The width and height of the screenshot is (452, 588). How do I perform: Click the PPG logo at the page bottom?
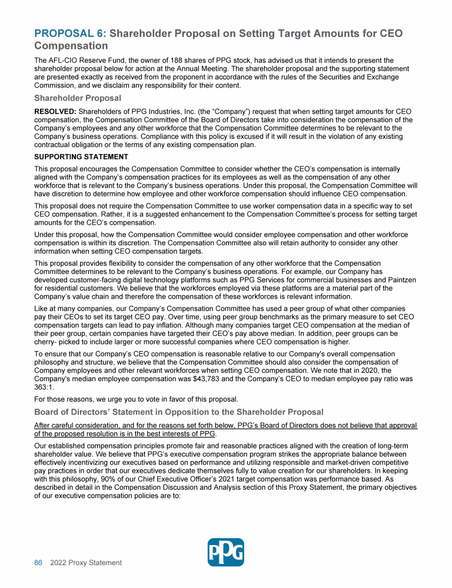(x=226, y=552)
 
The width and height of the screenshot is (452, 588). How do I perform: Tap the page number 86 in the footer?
(x=38, y=563)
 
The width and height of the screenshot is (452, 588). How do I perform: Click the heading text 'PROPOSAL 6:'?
(x=70, y=34)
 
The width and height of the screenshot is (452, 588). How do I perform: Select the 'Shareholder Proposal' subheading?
(x=78, y=98)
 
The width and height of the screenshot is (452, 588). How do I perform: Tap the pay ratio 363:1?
(x=45, y=387)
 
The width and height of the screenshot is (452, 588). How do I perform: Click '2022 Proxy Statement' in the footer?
(x=86, y=563)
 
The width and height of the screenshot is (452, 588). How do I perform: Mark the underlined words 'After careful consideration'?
(x=83, y=425)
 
